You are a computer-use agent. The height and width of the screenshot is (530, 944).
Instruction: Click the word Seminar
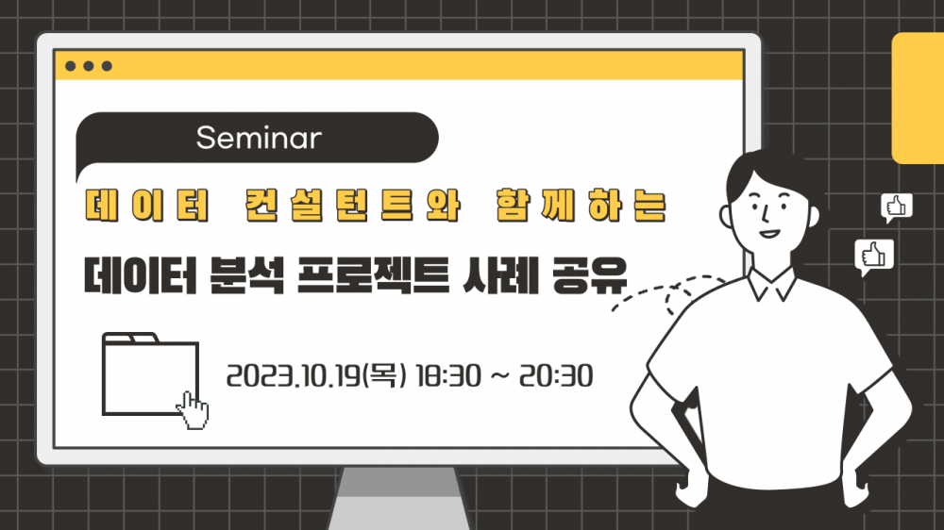(259, 138)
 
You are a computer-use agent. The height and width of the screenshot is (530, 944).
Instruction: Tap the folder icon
(150, 373)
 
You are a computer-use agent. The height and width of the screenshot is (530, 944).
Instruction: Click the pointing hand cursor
(194, 410)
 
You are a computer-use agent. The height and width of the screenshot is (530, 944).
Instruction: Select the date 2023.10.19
(294, 376)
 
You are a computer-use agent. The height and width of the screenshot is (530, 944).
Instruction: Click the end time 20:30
(556, 376)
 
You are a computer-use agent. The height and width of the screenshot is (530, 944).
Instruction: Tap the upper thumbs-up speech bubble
(897, 207)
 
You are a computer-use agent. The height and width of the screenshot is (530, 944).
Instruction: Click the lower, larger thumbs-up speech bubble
(873, 257)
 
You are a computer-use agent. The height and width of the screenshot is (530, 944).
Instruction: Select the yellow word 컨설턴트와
(353, 206)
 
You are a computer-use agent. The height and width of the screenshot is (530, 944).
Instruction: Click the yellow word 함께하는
(581, 206)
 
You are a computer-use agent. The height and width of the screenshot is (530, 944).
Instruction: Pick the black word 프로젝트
(373, 276)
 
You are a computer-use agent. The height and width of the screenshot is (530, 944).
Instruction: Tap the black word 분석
(246, 276)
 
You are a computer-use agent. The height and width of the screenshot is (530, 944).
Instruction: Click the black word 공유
(590, 276)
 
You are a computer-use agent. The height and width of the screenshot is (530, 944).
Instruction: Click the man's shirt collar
(772, 284)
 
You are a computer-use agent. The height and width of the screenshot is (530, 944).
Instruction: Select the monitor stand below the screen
(398, 498)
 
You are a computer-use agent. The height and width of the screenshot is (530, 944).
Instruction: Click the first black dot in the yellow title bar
(71, 66)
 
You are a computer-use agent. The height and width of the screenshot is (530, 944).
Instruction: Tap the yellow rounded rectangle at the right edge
(918, 98)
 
